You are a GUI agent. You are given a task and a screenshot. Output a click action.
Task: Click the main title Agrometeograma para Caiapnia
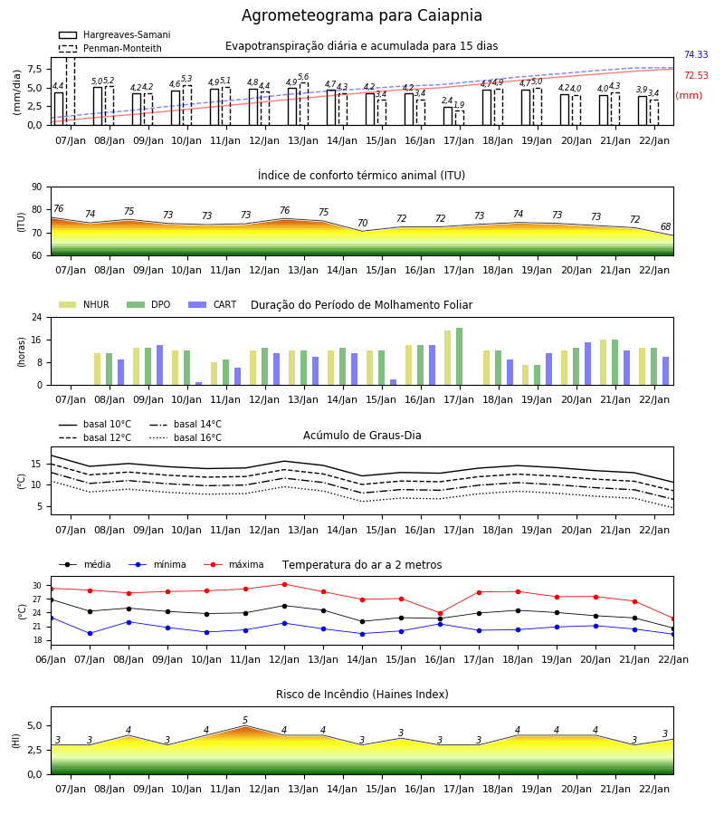[x=361, y=15]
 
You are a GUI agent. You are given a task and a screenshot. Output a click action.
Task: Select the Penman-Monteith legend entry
[x=110, y=48]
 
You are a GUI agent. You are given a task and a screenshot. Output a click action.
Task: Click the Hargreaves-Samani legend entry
[x=114, y=34]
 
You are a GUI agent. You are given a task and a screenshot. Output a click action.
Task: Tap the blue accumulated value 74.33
[x=696, y=54]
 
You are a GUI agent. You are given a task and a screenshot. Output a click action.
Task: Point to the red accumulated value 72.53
[x=696, y=75]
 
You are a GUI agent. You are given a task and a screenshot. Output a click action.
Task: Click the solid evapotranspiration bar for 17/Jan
[x=448, y=116]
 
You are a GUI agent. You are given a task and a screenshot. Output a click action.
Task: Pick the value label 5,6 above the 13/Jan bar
[x=303, y=77]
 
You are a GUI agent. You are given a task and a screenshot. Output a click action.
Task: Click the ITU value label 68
[x=666, y=226]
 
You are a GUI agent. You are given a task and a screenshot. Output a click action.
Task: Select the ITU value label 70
[x=363, y=223]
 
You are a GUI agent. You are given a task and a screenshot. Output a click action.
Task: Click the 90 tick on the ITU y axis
[x=36, y=187]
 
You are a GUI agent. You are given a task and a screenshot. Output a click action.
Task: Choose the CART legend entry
[x=213, y=304]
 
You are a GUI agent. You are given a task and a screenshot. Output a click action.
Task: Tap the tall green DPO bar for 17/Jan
[x=459, y=357]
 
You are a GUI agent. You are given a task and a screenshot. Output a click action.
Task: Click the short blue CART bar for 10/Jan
[x=198, y=384]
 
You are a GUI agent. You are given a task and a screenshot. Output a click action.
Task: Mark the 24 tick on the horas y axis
[x=36, y=317]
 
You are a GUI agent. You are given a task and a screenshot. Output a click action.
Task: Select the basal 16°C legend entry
[x=186, y=437]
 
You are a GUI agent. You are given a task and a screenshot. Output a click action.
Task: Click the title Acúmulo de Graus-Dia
[x=362, y=435]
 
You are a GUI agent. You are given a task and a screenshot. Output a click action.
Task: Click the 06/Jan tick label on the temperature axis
[x=51, y=659]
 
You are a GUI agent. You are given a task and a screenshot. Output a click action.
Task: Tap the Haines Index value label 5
[x=245, y=721]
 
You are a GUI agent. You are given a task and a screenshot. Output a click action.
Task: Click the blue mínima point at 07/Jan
[x=90, y=634]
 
